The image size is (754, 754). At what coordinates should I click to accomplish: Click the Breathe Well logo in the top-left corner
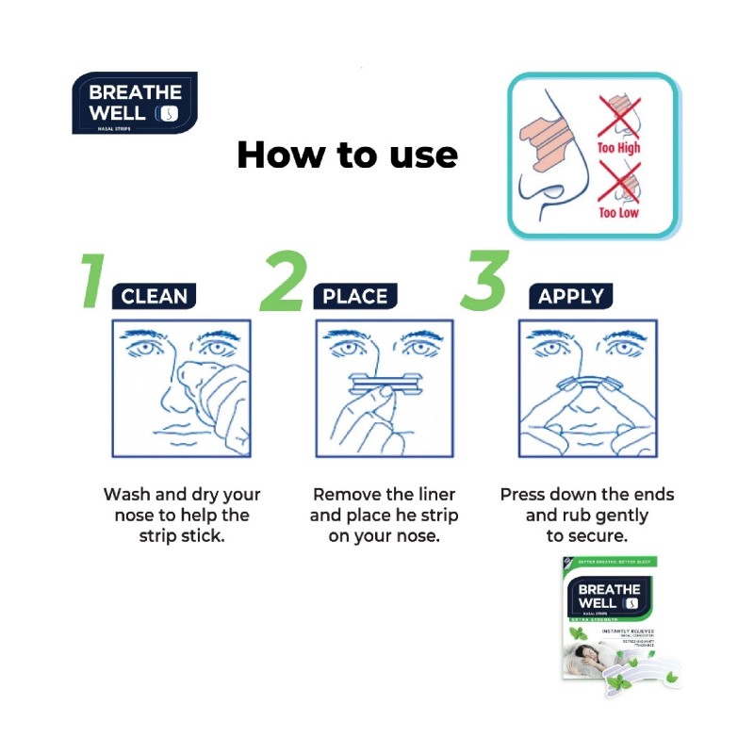pos(134,103)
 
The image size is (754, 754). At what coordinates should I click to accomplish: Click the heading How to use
pos(347,155)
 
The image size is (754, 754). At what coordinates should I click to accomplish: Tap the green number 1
pos(91,281)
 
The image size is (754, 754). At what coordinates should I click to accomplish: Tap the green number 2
pos(282,281)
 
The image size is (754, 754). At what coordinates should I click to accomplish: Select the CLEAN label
pos(155,297)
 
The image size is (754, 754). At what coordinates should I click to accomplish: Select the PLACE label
pos(355,297)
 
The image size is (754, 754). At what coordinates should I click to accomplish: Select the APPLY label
pos(570,297)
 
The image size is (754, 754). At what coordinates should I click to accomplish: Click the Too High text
pos(618,148)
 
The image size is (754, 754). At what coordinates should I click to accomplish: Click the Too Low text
pos(618,212)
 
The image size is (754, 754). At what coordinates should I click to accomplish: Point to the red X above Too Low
pos(619,179)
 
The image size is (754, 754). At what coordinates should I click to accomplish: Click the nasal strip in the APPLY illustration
pos(588,383)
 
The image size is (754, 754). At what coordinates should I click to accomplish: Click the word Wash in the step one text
pos(126,495)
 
